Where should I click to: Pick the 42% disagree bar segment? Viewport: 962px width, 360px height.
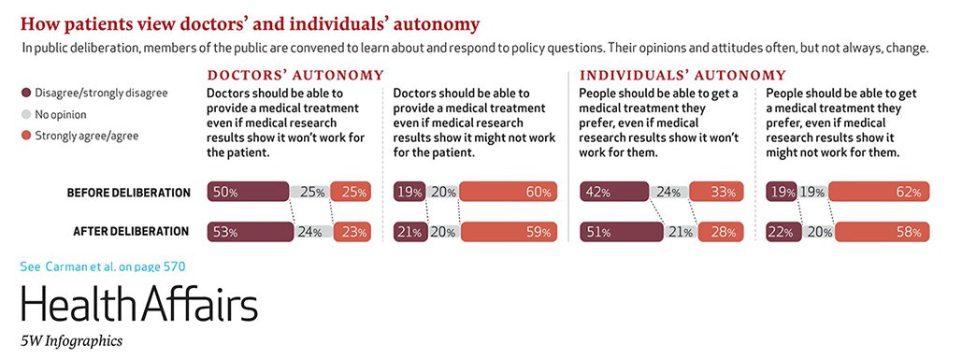613,193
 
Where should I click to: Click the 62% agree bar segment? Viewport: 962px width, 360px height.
879,193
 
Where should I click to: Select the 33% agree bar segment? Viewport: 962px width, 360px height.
716,193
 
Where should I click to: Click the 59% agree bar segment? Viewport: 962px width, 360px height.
509,232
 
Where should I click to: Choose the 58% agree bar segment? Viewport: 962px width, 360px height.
883,232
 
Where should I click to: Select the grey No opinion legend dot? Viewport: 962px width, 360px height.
25,114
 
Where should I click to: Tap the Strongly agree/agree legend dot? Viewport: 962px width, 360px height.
25,136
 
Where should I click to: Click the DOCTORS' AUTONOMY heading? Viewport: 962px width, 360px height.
294,75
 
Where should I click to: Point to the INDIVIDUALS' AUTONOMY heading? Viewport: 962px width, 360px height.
682,75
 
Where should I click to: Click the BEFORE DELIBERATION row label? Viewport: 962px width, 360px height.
128,194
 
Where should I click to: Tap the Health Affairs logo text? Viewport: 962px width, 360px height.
138,305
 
